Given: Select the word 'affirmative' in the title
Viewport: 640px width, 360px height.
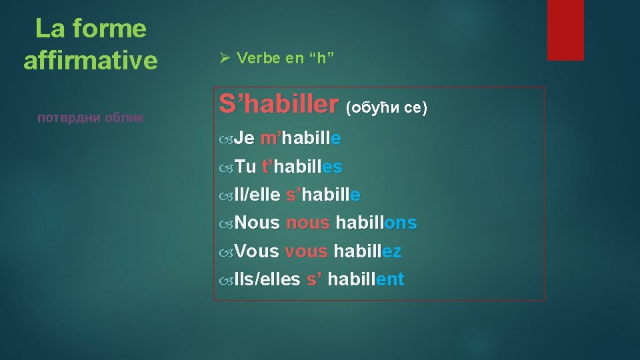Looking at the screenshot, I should (x=91, y=61).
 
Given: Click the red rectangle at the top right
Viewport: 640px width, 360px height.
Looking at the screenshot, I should (x=565, y=30).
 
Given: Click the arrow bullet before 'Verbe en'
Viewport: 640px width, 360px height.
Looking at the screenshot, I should (x=225, y=58).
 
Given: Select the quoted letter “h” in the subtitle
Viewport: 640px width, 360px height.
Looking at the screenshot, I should (x=321, y=58).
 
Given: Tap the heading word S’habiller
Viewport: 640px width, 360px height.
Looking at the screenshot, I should (x=279, y=104).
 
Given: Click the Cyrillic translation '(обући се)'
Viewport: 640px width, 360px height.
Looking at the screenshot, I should (x=386, y=107).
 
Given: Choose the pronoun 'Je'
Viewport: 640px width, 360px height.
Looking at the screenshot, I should (x=245, y=139).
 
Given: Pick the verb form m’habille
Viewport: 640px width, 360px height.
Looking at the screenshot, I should (x=301, y=139).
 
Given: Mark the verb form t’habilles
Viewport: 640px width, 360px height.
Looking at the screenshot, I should (x=303, y=167).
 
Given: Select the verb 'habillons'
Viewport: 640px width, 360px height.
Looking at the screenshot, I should (x=376, y=223).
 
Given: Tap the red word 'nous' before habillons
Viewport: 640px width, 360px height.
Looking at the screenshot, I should (x=307, y=223).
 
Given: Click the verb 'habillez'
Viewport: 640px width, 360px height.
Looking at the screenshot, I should (x=367, y=251).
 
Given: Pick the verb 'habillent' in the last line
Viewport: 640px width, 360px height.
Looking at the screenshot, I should (x=366, y=279).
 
